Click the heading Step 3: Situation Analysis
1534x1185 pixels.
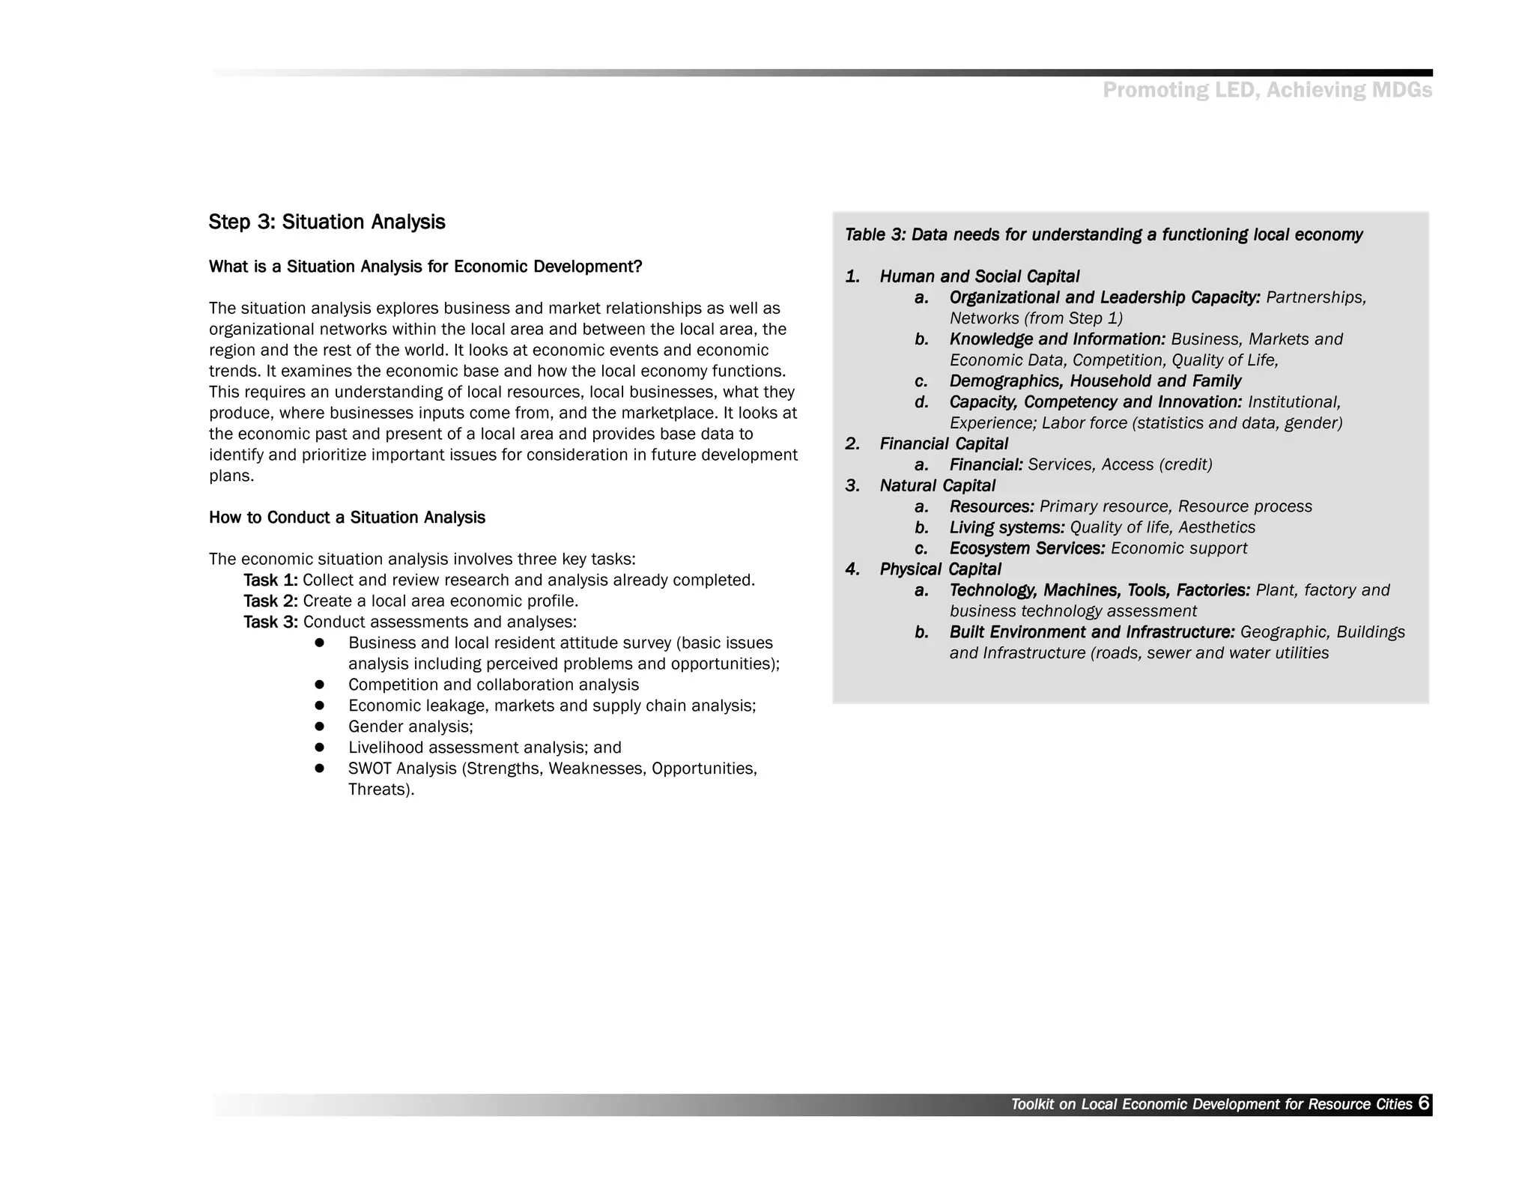[x=327, y=222]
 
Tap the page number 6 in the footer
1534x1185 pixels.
[x=1423, y=1103]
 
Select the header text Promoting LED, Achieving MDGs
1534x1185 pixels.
[x=1267, y=91]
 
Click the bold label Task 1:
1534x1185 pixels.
[x=270, y=581]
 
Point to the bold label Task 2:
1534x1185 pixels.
[x=270, y=601]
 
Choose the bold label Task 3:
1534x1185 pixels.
[x=270, y=622]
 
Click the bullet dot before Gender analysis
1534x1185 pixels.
[x=319, y=727]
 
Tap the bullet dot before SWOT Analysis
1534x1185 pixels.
[x=319, y=769]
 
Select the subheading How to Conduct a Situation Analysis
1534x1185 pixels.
[x=347, y=518]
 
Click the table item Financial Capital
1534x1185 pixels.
[x=943, y=444]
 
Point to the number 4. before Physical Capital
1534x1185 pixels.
[x=852, y=569]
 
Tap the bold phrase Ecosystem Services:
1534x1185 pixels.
[x=1027, y=548]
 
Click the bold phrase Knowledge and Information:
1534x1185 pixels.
[x=1057, y=339]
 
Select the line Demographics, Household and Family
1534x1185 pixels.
[x=1095, y=381]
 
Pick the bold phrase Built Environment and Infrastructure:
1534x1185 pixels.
[x=1091, y=632]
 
